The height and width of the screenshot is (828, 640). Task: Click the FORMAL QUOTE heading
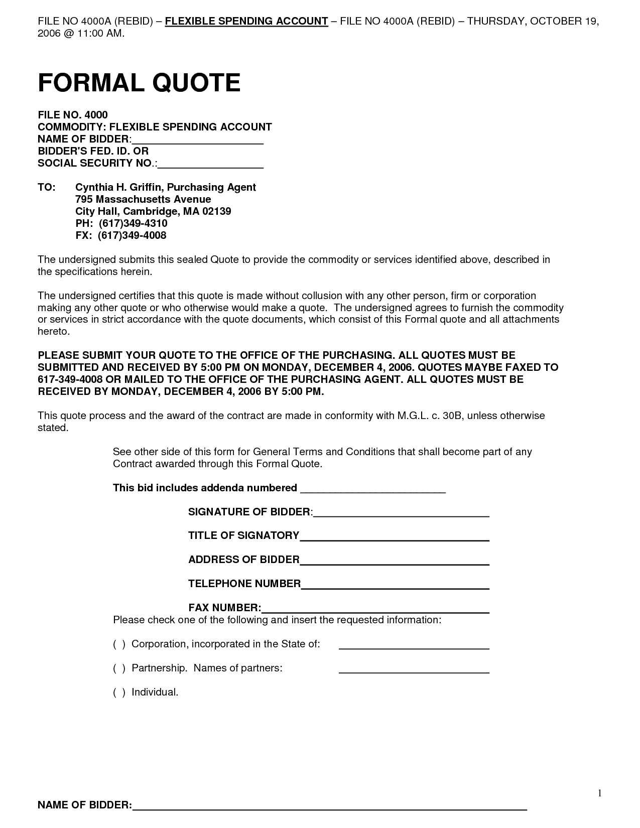(139, 83)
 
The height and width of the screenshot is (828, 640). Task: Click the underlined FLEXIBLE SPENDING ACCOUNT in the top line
(246, 21)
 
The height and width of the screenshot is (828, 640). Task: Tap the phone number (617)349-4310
(133, 223)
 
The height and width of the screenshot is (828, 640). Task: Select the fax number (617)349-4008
(132, 235)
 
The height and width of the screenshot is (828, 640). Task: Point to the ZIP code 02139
(217, 211)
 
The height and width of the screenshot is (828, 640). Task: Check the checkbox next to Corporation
(119, 644)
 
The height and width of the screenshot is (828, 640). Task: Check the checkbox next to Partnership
(119, 668)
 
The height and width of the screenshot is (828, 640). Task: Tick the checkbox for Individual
(119, 693)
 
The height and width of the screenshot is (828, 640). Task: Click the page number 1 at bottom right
(599, 793)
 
